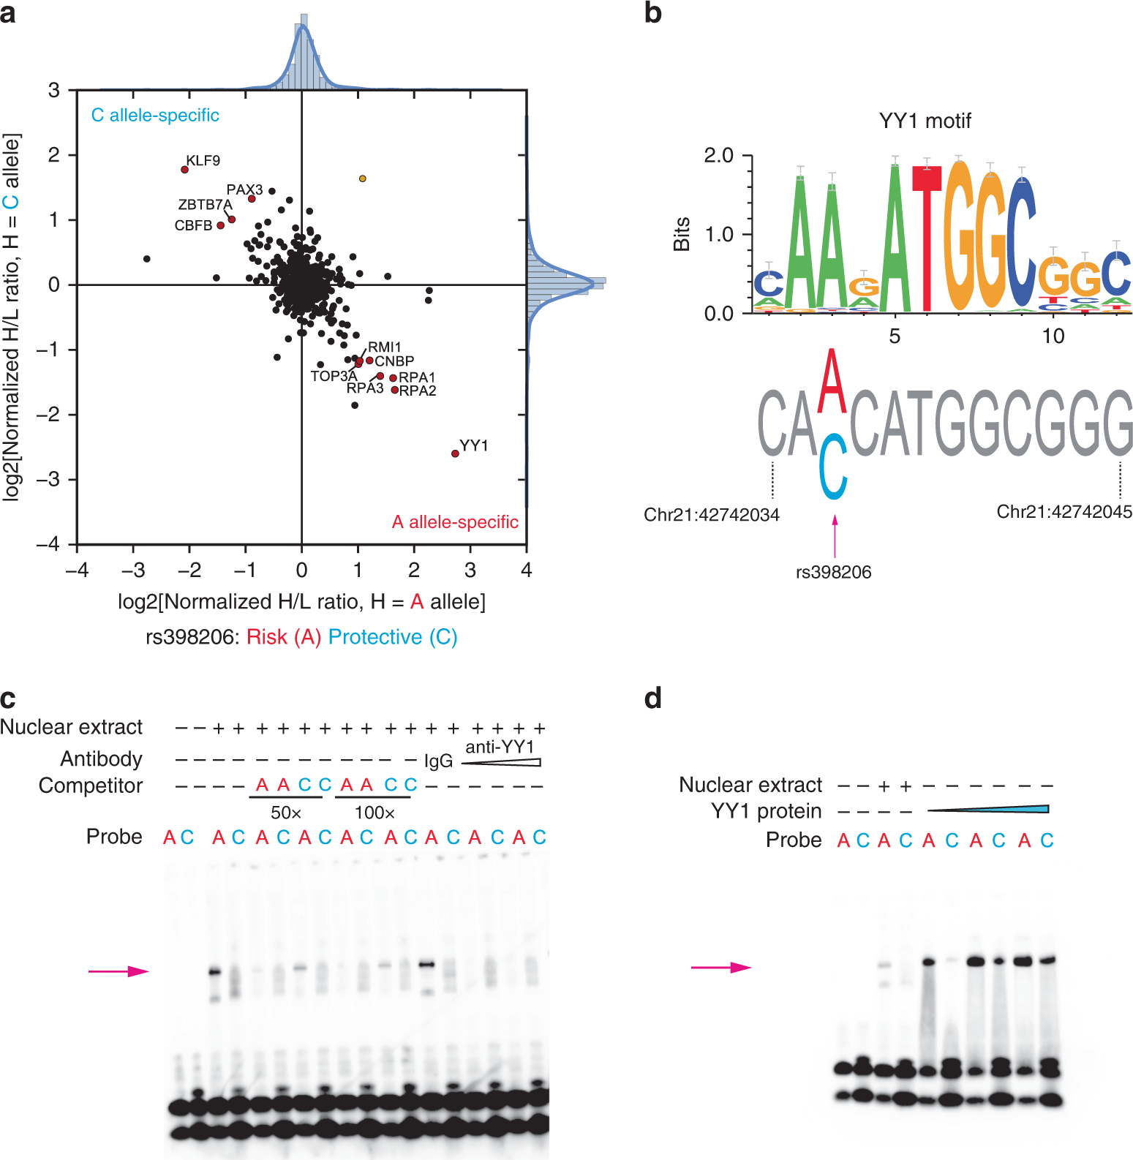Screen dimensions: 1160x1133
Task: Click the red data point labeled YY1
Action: coord(455,453)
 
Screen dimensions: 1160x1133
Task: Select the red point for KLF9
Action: coord(184,170)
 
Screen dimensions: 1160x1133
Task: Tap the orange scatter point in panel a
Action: coord(362,178)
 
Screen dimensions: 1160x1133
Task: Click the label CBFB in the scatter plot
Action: coord(193,226)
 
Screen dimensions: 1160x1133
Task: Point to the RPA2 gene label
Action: coord(418,391)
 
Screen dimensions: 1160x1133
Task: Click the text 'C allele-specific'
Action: coord(155,116)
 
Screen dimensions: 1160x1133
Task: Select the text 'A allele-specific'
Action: coord(455,522)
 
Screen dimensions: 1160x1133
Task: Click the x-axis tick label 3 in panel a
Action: coord(470,570)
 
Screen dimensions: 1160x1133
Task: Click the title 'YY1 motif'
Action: coord(925,121)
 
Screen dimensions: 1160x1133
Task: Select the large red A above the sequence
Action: coord(832,382)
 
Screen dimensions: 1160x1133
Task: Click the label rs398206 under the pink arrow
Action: coord(833,573)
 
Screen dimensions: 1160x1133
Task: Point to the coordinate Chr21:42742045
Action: coord(1064,512)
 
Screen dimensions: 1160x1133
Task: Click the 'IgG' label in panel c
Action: coord(438,761)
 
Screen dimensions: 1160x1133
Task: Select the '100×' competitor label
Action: coord(374,813)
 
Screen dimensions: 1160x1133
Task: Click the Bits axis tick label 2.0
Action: coord(718,155)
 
